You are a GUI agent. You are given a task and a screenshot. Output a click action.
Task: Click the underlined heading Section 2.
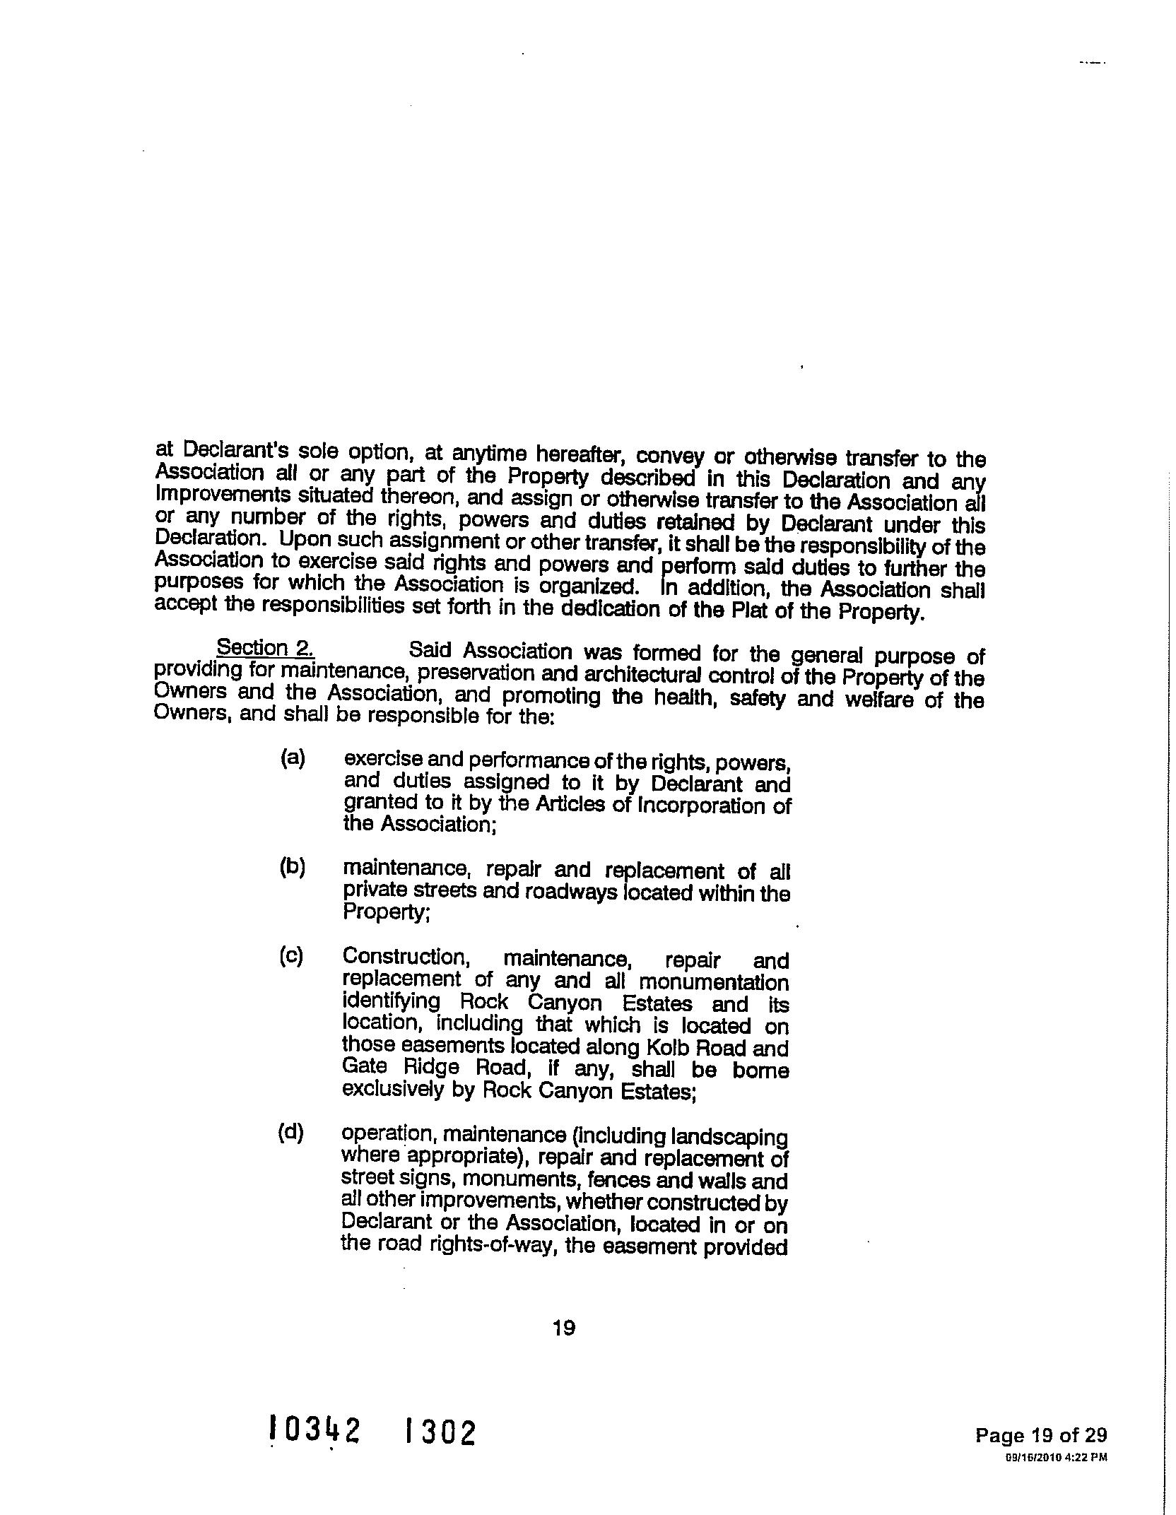click(266, 647)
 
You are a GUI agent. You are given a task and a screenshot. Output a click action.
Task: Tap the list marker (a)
click(292, 758)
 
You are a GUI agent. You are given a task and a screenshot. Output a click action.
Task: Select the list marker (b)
click(292, 867)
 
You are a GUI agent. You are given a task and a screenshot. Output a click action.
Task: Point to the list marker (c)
click(291, 956)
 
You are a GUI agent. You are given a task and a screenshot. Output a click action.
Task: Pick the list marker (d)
click(290, 1133)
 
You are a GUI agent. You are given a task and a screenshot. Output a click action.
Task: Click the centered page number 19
click(564, 1328)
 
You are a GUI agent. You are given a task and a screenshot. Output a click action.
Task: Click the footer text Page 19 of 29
click(1041, 1435)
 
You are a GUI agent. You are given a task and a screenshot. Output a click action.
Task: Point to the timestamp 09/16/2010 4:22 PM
click(1056, 1456)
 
